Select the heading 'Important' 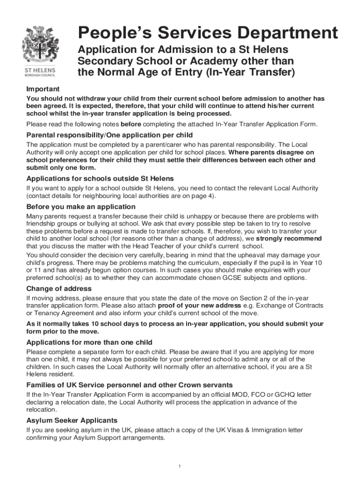pos(43,89)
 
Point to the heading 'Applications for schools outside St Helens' pos(100,179)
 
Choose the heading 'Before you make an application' pos(81,207)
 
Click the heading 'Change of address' pos(59,289)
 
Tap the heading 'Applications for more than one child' pos(89,342)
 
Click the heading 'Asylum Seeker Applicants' pos(72,420)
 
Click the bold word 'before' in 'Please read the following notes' pos(131,124)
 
